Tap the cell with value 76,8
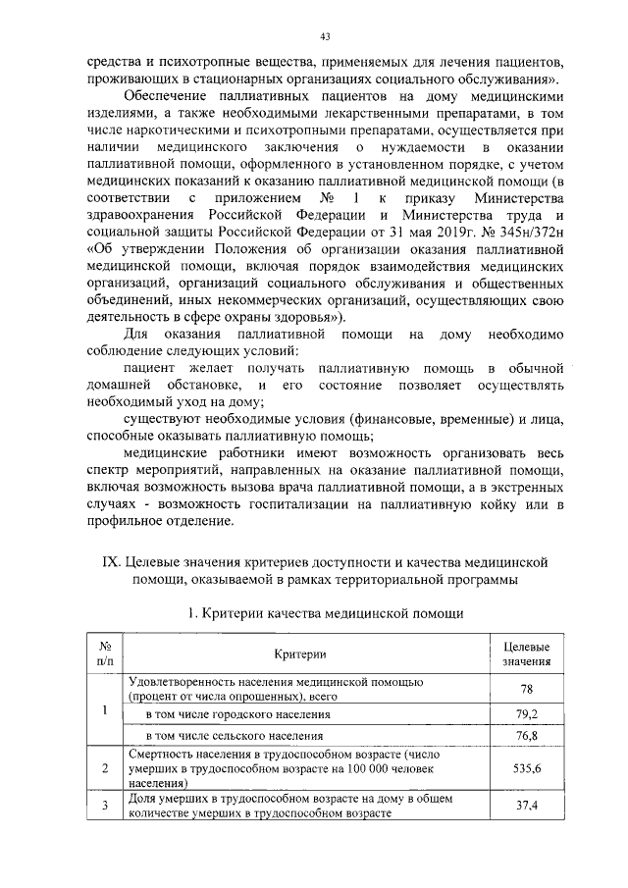tap(525, 735)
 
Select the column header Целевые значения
tap(525, 654)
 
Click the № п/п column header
tap(105, 654)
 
